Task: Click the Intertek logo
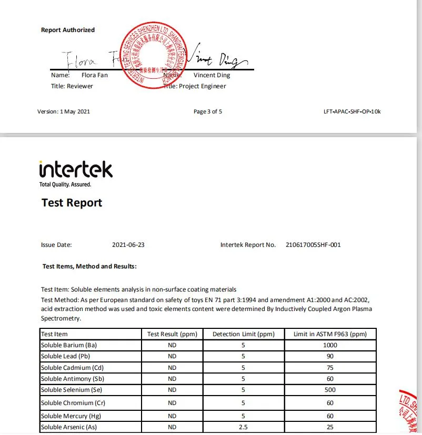point(75,170)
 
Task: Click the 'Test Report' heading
point(72,203)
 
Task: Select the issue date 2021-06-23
point(128,245)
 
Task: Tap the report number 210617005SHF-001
point(313,245)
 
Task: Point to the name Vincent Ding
point(212,75)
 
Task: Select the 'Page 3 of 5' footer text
point(208,111)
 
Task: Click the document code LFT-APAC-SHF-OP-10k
point(352,111)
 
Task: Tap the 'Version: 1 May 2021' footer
point(64,111)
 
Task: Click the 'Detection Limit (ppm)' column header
point(243,334)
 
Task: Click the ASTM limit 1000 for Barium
point(330,345)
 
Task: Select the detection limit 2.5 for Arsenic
point(243,427)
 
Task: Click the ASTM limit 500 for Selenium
point(330,390)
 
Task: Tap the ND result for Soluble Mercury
point(172,416)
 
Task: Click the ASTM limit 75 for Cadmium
point(330,368)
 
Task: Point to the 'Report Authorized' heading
point(68,30)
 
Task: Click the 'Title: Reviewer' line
point(72,86)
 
